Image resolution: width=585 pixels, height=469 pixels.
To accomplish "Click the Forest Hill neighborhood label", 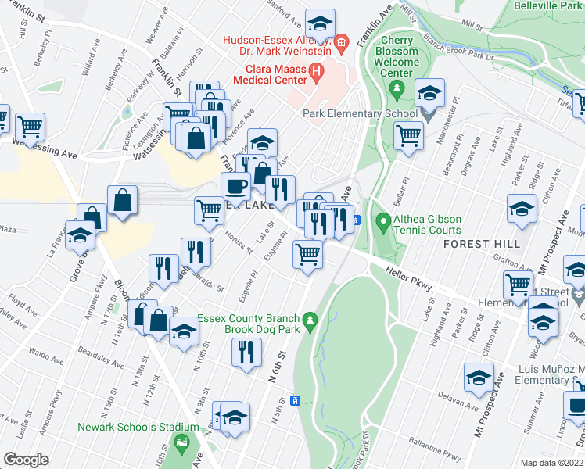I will tap(482, 245).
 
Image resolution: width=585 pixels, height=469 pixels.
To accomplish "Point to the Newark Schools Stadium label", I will tap(138, 428).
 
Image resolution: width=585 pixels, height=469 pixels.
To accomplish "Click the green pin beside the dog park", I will tap(310, 320).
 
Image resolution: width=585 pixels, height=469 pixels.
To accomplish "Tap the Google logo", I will tap(26, 460).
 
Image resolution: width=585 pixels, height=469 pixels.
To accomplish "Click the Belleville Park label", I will tap(547, 5).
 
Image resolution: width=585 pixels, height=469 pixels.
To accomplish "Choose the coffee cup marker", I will tap(236, 187).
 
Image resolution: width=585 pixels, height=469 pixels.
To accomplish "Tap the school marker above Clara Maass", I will tap(319, 23).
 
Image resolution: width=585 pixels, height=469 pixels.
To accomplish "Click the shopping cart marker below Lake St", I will tap(307, 254).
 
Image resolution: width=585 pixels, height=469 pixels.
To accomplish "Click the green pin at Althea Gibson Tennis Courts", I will tap(383, 224).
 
